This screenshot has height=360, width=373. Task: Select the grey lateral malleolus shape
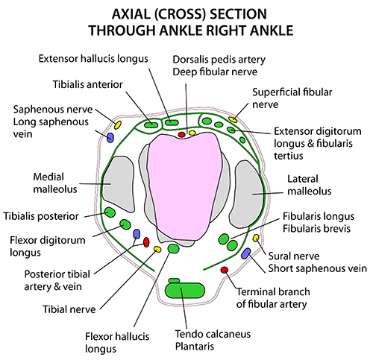point(248,194)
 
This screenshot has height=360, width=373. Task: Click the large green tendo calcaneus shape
point(185,290)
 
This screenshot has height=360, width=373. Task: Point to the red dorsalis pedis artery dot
point(182,135)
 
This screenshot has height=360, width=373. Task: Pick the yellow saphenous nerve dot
point(118,124)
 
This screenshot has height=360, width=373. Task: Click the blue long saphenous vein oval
point(110,137)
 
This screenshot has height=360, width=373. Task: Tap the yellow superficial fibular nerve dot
point(233,119)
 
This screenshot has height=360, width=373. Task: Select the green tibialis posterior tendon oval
point(110,212)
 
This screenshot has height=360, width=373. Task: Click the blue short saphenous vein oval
point(246,253)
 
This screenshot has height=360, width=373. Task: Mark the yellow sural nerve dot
point(256,239)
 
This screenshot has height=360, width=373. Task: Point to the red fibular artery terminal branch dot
point(225,270)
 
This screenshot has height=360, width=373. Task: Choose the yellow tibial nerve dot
point(157,249)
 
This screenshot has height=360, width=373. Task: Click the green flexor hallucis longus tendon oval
point(173,248)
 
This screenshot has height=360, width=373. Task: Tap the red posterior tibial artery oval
point(146,242)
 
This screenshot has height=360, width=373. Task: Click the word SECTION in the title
point(238,14)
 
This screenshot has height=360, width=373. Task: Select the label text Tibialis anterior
point(88,84)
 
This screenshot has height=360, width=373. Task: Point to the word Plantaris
point(195,347)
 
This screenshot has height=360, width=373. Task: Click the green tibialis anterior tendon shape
point(151,125)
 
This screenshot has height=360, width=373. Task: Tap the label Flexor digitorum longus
point(48,246)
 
